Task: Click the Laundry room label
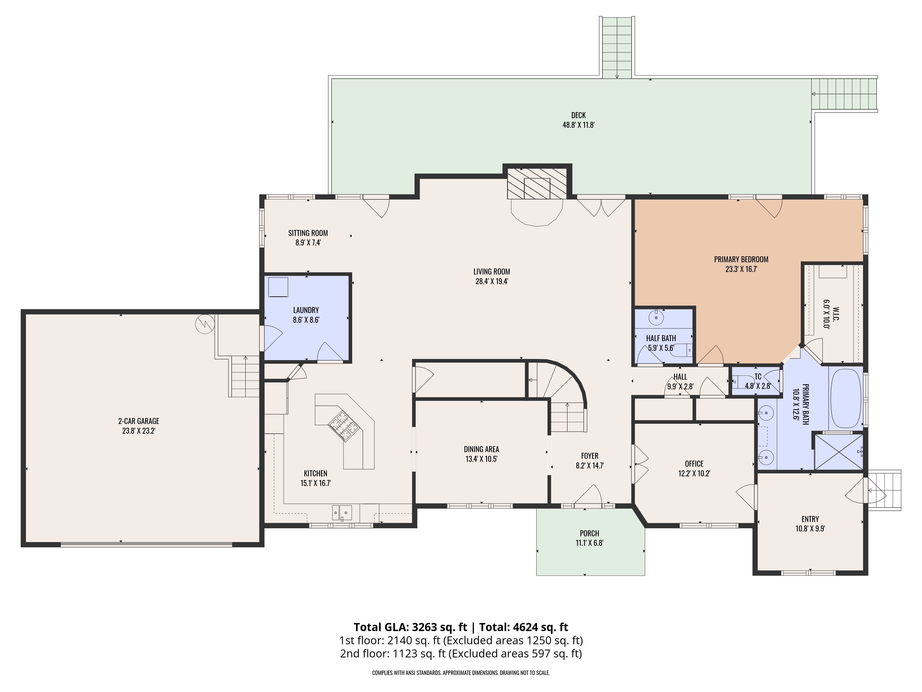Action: pos(306,310)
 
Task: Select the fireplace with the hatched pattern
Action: pos(537,184)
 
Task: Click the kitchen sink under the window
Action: pos(342,512)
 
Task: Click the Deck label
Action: pos(578,115)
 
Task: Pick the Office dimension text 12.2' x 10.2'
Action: pos(694,473)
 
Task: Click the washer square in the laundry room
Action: pos(278,287)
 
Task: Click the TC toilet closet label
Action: pos(758,377)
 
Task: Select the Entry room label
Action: pos(810,519)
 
